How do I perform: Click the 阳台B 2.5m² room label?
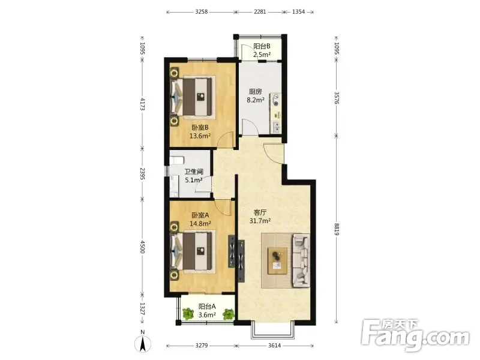pos(262,50)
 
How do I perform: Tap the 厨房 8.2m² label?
pos(256,95)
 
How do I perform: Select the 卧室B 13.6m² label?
pos(200,131)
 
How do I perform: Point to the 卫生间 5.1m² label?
pos(193,176)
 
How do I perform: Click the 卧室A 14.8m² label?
pos(200,220)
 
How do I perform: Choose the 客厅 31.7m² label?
pos(260,217)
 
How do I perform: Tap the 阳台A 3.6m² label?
pos(207,310)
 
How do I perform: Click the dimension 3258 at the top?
pos(201,11)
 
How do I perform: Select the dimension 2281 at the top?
pos(260,11)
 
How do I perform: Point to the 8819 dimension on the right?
pos(337,229)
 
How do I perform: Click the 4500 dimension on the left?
pos(142,247)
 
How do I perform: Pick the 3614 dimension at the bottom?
pos(274,346)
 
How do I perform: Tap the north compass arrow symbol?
pos(142,344)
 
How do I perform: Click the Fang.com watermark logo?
pos(415,335)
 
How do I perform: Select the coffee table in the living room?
pos(277,261)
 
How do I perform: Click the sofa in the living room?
pos(301,260)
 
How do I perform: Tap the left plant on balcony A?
pos(188,314)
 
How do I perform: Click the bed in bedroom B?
pos(191,97)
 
